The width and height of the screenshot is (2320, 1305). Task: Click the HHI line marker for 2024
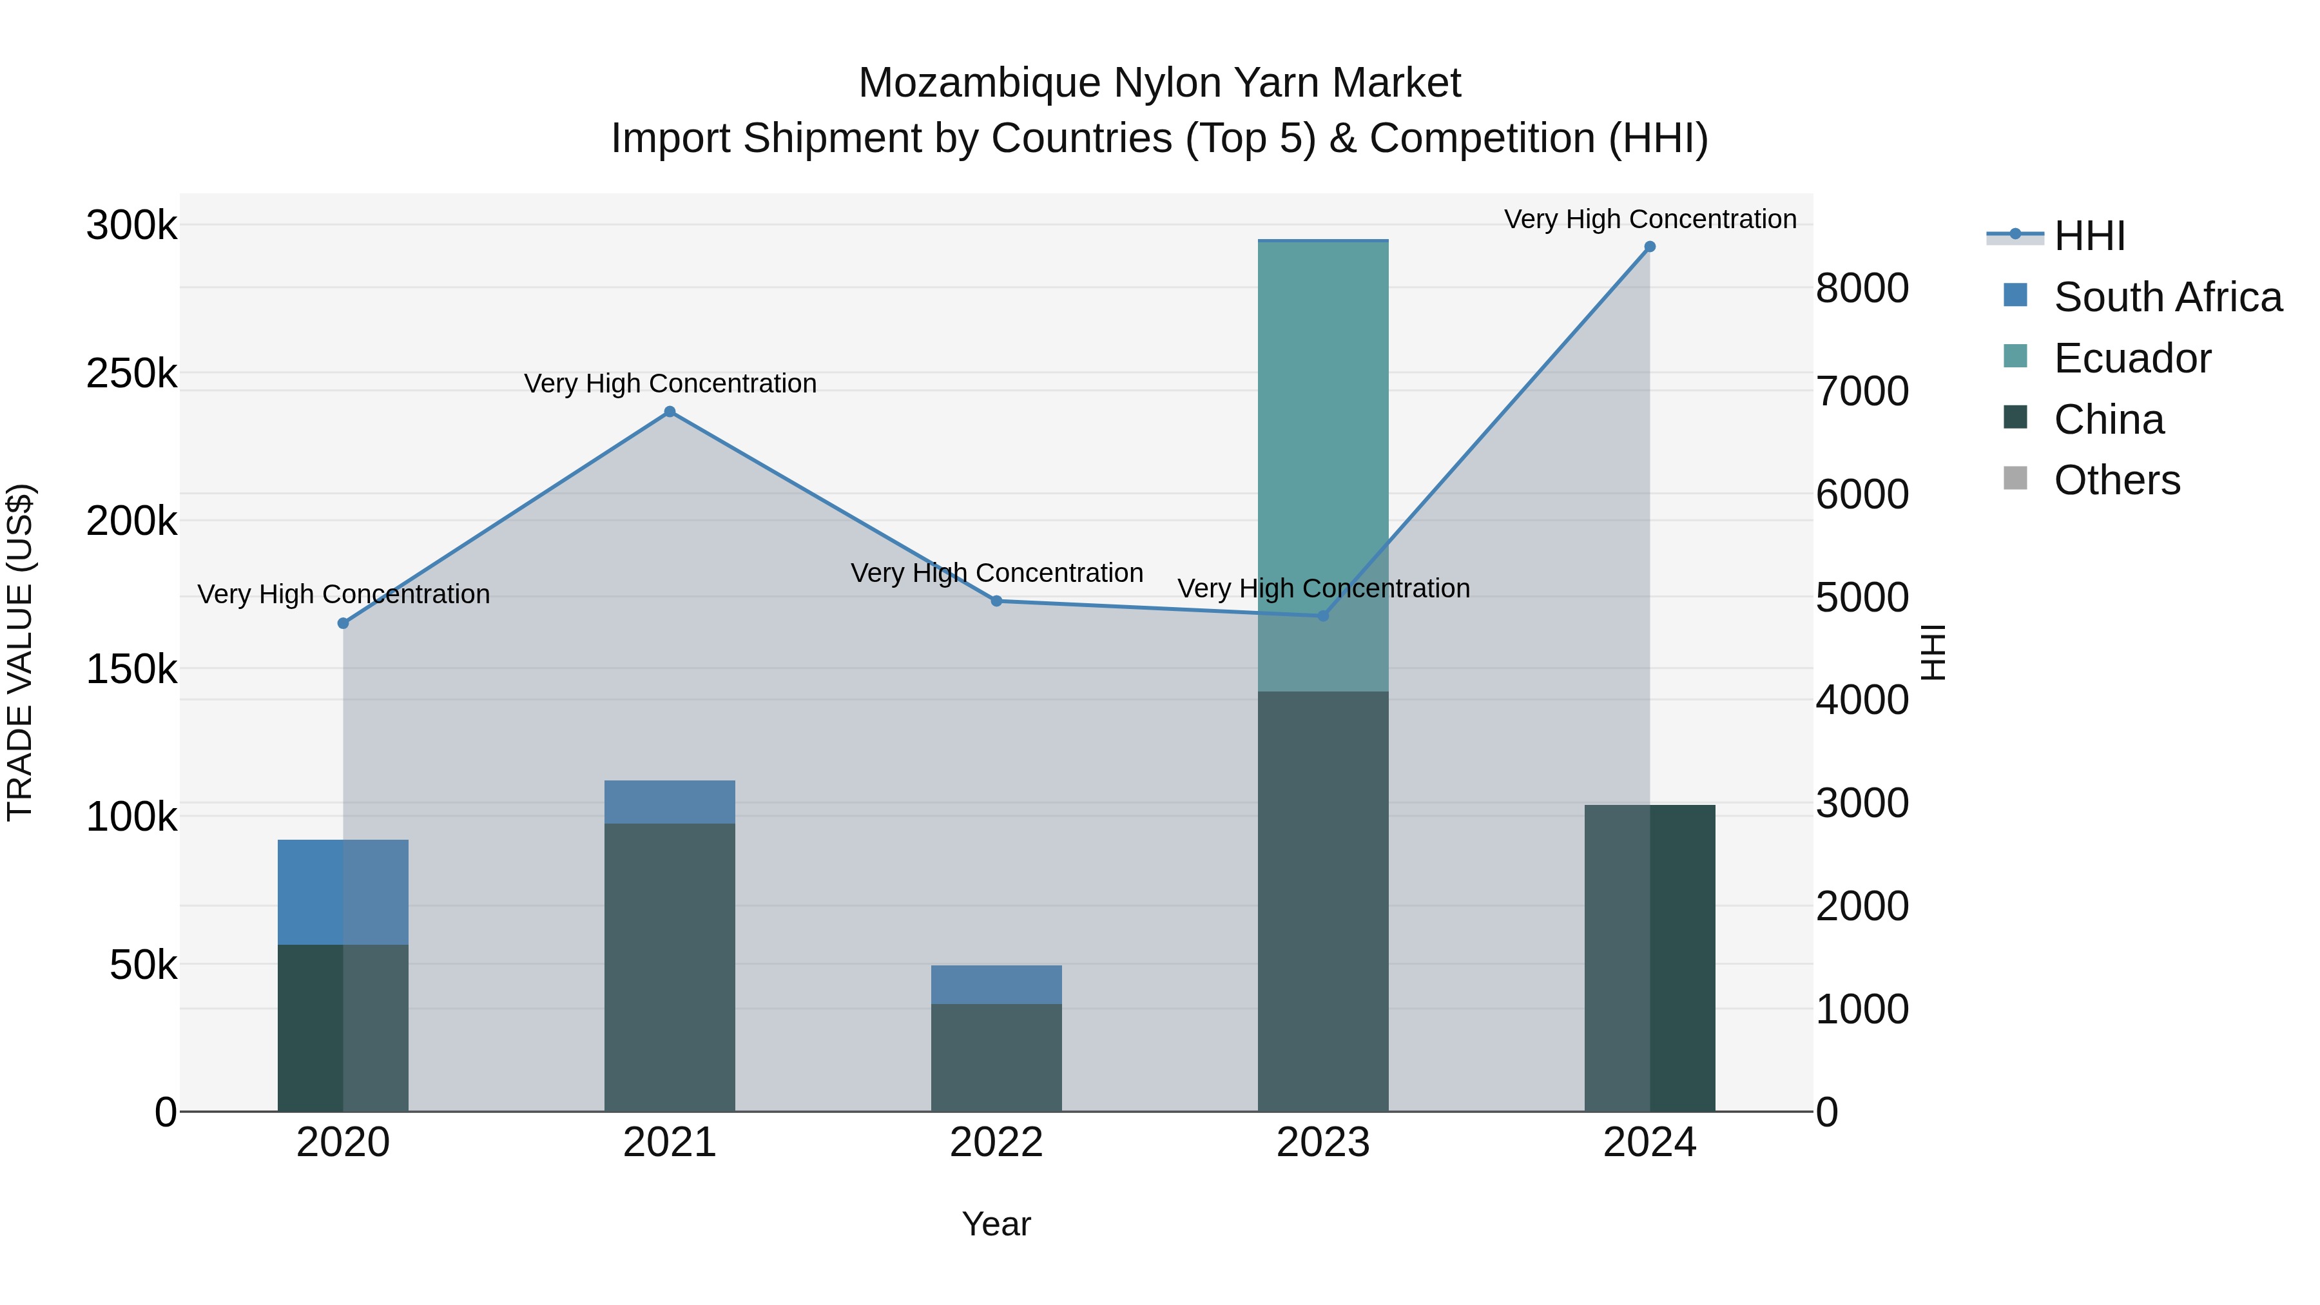click(x=1649, y=247)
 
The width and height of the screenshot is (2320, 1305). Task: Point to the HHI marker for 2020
click(x=343, y=623)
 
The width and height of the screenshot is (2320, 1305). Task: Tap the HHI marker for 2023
click(x=1323, y=616)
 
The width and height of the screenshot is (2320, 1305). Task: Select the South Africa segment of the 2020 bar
click(x=343, y=892)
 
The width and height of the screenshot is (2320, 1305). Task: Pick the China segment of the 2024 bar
click(x=1649, y=958)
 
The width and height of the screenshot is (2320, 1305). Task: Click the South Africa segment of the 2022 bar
click(x=996, y=984)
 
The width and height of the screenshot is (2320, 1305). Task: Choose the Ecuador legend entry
click(x=2132, y=358)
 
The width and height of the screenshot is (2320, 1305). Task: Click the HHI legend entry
click(x=2089, y=236)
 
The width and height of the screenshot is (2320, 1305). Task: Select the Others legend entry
click(x=2116, y=481)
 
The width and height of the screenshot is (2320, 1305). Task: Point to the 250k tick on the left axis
click(x=131, y=373)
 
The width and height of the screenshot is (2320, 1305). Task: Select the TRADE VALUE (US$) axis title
click(x=20, y=652)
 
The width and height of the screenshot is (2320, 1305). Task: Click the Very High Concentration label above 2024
click(x=1649, y=220)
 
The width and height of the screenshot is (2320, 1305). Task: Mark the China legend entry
click(x=2109, y=420)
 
